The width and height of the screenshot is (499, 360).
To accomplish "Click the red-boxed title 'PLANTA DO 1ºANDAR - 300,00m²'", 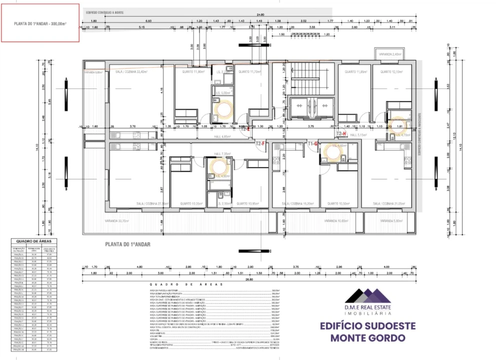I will click(40, 23).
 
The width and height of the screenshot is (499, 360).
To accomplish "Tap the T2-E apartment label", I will click(245, 128).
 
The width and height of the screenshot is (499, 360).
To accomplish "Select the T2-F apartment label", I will click(260, 144).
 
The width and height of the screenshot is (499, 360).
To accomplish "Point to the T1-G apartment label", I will click(312, 143).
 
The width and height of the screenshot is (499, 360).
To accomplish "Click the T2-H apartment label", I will click(342, 133).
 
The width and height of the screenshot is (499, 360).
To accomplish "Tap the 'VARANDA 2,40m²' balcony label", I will click(390, 54).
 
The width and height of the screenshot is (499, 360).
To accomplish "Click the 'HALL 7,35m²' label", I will click(221, 153).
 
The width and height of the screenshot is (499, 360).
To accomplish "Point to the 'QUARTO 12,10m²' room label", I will click(391, 72).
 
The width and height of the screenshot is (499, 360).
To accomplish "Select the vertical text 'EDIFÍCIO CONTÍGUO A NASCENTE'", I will click(420, 132).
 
